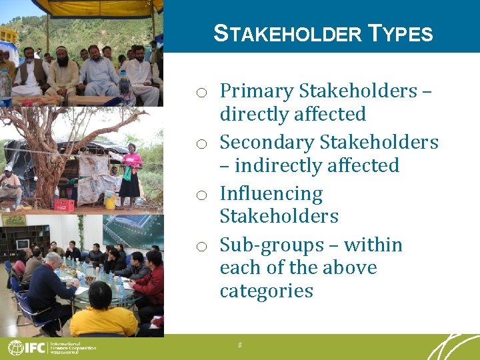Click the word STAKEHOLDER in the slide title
pyautogui.click(x=288, y=33)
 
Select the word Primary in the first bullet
pyautogui.click(x=257, y=91)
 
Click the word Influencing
pyautogui.click(x=271, y=194)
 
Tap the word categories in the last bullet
pyautogui.click(x=266, y=291)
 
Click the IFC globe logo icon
pyautogui.click(x=15, y=347)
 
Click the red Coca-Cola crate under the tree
pyautogui.click(x=64, y=205)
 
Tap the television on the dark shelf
pyautogui.click(x=23, y=243)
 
